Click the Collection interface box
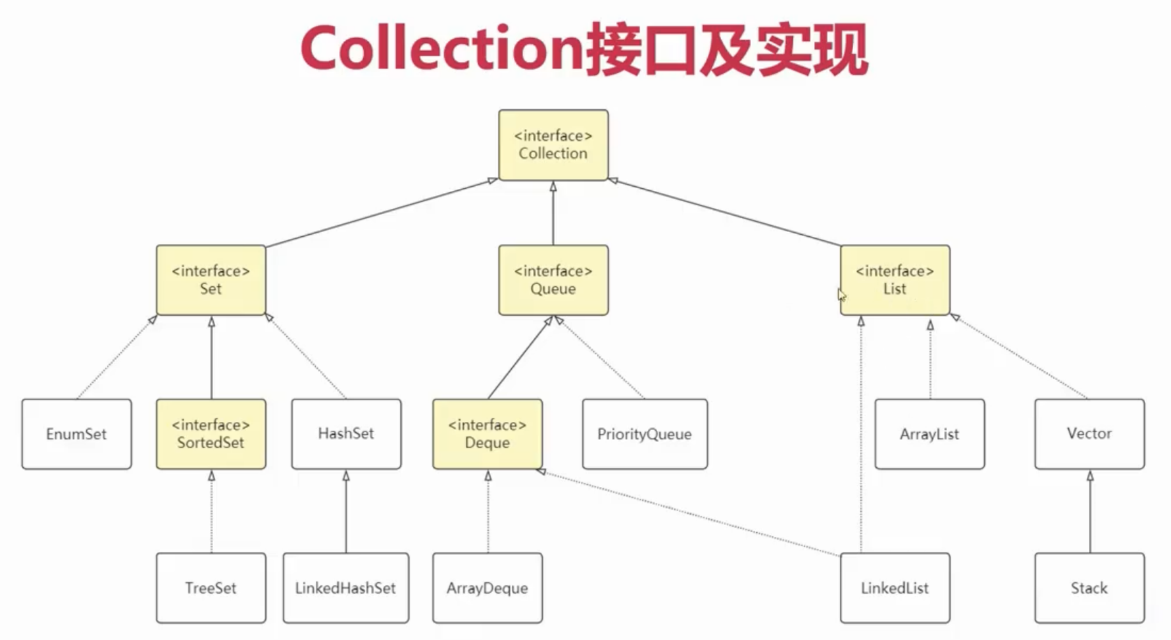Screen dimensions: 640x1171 (553, 145)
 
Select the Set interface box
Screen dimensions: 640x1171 (211, 280)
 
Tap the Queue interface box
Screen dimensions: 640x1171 (553, 280)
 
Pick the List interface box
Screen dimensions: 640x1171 (895, 280)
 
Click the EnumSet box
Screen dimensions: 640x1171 (77, 434)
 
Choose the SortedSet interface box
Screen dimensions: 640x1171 (211, 434)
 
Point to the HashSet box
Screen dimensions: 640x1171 (346, 434)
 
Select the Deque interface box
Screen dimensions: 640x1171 (487, 434)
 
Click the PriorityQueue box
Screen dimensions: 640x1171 (645, 434)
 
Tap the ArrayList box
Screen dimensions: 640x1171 (929, 434)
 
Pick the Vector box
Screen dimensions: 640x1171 (1089, 434)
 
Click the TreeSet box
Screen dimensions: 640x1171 (211, 588)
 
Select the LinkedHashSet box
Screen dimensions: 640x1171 (346, 588)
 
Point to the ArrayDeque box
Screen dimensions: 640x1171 (487, 588)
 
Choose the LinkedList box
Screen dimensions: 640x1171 (895, 588)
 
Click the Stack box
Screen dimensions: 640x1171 (1089, 588)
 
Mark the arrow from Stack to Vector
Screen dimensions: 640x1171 (1090, 511)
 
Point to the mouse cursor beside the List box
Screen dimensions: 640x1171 (842, 295)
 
